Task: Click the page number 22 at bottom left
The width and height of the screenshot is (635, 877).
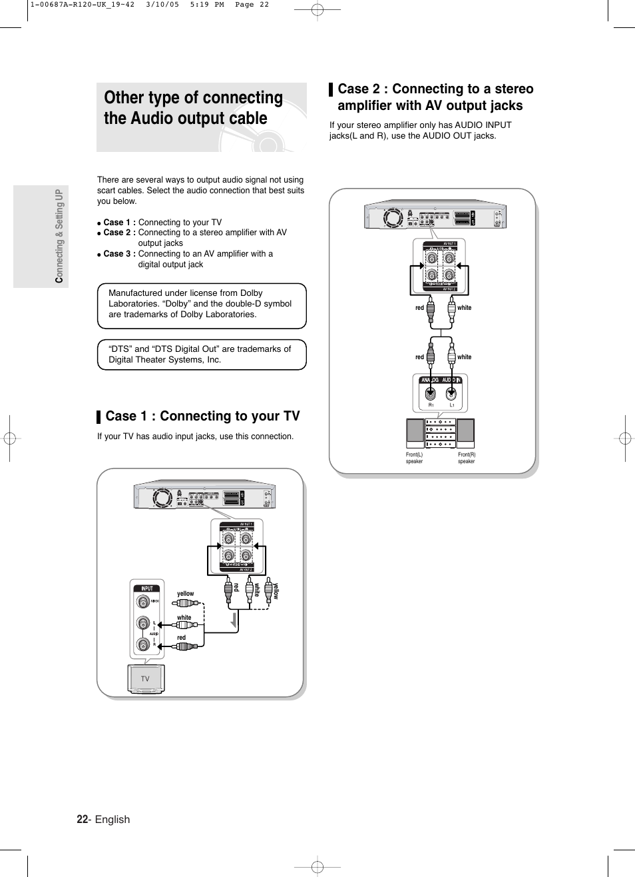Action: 82,819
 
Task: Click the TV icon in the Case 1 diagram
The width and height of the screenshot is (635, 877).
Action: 145,679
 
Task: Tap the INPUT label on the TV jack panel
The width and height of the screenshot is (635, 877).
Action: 147,588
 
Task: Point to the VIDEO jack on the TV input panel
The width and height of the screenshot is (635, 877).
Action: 143,601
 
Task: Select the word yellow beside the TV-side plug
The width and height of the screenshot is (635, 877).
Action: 185,593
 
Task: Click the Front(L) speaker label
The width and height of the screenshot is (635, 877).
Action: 414,458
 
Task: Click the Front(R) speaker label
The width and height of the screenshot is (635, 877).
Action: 467,458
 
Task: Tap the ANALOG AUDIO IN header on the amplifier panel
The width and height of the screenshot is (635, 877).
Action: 441,380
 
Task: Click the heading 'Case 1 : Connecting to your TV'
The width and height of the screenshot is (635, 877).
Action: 202,416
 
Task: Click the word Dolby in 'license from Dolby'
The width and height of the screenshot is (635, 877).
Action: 252,293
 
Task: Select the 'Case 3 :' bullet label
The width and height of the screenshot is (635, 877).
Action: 119,254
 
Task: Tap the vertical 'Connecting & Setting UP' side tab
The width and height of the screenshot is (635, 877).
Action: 59,235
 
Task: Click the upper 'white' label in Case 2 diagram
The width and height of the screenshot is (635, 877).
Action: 464,308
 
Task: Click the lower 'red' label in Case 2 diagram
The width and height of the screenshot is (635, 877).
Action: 419,357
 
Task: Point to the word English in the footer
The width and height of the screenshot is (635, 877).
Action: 112,819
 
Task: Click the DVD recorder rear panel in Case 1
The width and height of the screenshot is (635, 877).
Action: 204,497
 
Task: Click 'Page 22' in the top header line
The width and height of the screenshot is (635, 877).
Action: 252,5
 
